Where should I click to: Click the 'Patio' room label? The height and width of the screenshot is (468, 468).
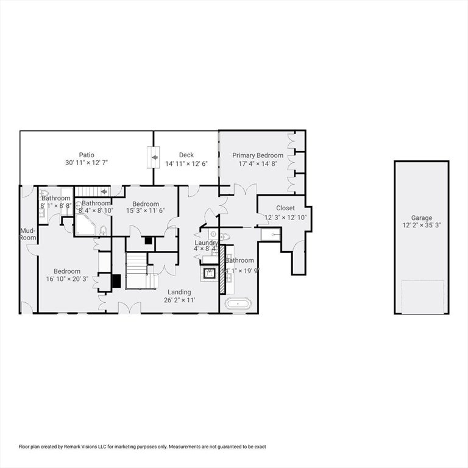pos(86,155)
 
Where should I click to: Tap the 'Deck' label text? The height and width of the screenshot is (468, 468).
pos(186,155)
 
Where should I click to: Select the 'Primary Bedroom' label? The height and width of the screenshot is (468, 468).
pos(257,155)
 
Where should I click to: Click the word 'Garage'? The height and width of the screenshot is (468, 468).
pos(421,218)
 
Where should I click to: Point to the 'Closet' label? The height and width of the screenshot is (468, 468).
pos(285,208)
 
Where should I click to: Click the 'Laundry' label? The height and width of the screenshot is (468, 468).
pos(206,243)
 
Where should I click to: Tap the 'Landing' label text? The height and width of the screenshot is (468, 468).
pos(179,292)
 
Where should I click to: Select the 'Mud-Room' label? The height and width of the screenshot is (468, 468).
pos(27,234)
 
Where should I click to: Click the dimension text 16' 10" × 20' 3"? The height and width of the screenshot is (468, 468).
pos(66,280)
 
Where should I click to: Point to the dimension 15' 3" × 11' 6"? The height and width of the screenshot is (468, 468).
pos(146,211)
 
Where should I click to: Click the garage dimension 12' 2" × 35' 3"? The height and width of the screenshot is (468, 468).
pos(421,225)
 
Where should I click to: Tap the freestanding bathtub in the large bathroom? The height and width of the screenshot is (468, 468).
pos(238,303)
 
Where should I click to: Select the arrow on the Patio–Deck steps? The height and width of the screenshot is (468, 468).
pos(155,157)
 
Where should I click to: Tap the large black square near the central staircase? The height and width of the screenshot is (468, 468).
pos(116,281)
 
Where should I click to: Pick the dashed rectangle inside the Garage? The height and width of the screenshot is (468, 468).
pos(422,297)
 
